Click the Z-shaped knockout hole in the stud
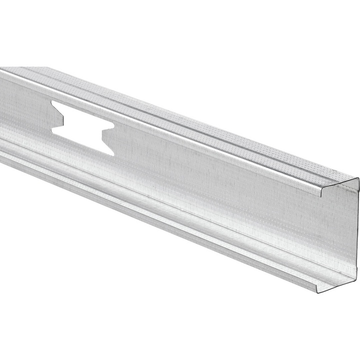tap(82, 125)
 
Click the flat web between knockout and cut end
tap(225, 185)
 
